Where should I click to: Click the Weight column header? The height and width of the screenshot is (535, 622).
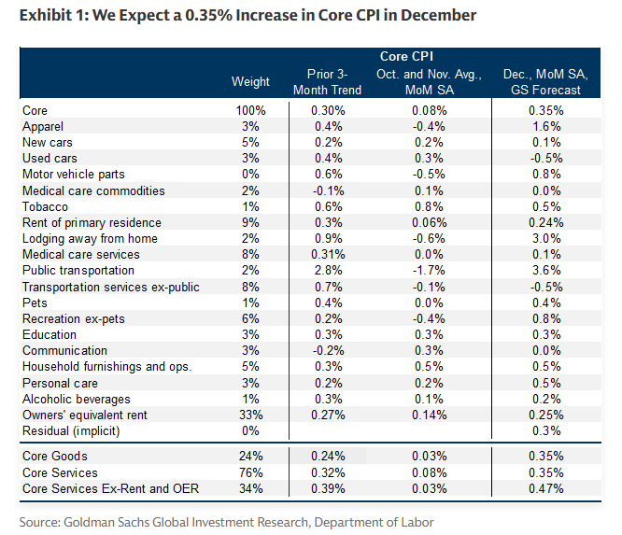point(250,82)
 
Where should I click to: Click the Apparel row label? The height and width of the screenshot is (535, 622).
point(44,126)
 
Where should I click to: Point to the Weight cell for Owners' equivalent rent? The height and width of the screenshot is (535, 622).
point(250,415)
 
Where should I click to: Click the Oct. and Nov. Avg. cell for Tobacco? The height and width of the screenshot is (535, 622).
point(430,206)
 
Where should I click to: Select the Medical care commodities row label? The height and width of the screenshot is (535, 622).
point(93,190)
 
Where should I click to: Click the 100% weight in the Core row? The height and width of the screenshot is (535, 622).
point(250,110)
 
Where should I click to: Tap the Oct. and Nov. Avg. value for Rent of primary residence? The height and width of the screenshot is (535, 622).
point(430,222)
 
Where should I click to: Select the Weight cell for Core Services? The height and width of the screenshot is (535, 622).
point(250,472)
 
